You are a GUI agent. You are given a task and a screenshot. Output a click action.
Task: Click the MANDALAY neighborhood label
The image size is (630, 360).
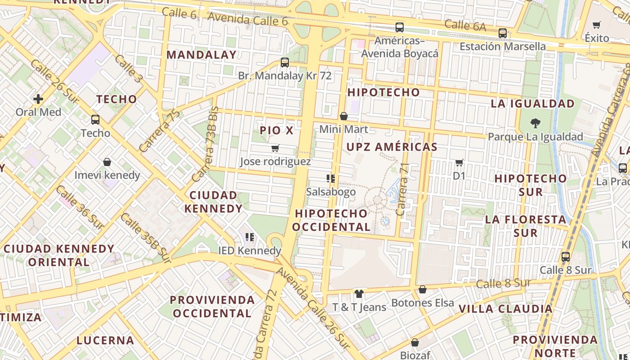point(201,55)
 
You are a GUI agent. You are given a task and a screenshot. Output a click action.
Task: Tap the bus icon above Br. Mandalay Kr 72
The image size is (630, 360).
point(284,63)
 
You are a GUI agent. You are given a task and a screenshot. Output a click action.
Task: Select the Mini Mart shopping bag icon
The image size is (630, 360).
point(344,117)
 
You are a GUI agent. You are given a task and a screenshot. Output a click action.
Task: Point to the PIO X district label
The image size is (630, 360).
point(276,130)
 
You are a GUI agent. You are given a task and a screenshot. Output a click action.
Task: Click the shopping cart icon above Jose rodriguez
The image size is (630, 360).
point(275,148)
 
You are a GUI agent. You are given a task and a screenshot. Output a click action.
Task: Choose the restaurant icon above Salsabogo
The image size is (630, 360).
point(331,179)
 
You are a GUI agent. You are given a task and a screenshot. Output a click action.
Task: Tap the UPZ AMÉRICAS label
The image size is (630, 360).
point(391,147)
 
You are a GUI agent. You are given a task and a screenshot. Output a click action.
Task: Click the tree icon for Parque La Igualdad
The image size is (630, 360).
point(535,123)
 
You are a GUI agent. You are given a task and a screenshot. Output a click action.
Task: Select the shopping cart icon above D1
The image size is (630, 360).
point(459,162)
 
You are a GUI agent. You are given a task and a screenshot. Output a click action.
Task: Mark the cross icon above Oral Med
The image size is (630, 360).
point(38,99)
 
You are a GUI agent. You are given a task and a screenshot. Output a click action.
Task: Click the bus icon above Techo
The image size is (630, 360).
point(95,120)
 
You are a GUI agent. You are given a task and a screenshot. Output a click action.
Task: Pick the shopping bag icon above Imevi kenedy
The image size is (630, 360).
point(107,162)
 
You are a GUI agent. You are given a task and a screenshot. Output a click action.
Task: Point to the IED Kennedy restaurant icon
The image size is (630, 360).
point(250,237)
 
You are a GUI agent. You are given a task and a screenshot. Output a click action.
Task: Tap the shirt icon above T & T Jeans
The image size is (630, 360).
point(359,294)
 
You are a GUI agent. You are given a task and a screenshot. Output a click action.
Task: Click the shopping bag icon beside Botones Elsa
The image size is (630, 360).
point(422,289)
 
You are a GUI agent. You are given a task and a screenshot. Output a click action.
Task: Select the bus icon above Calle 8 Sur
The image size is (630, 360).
point(565,257)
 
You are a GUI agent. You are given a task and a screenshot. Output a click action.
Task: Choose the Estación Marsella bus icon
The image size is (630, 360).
point(502,33)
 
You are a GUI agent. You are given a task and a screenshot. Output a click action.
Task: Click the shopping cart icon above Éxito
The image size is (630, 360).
point(597,25)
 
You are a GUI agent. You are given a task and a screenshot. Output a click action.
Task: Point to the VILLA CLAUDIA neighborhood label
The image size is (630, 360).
point(505,309)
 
